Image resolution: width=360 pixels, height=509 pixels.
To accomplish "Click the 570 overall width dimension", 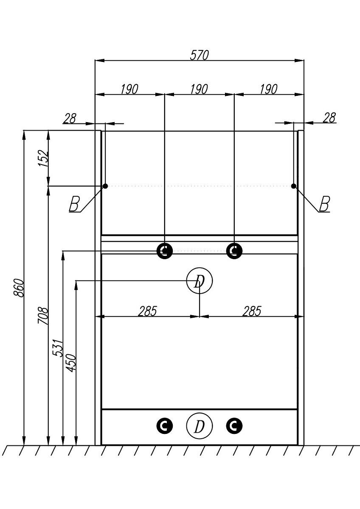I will point(199,55).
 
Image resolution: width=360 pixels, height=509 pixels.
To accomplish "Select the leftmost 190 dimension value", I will point(129,89).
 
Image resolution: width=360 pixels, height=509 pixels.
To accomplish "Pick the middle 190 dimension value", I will point(199,89).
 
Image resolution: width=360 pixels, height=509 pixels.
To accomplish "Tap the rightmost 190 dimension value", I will point(268,89).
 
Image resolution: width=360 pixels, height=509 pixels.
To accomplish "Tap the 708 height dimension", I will point(44,316).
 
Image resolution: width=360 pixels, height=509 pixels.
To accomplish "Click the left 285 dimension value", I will point(147,311).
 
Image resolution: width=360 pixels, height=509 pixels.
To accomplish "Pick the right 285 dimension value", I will point(252,311).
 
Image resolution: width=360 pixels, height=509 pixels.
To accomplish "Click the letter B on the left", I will point(74,204).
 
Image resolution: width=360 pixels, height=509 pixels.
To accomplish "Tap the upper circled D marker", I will point(199,281).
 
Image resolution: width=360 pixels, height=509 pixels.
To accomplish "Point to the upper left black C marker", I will point(165,251).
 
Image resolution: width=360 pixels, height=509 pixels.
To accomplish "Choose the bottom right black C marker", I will point(234,425).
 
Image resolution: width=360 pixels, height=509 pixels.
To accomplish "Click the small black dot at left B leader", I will point(105,186).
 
